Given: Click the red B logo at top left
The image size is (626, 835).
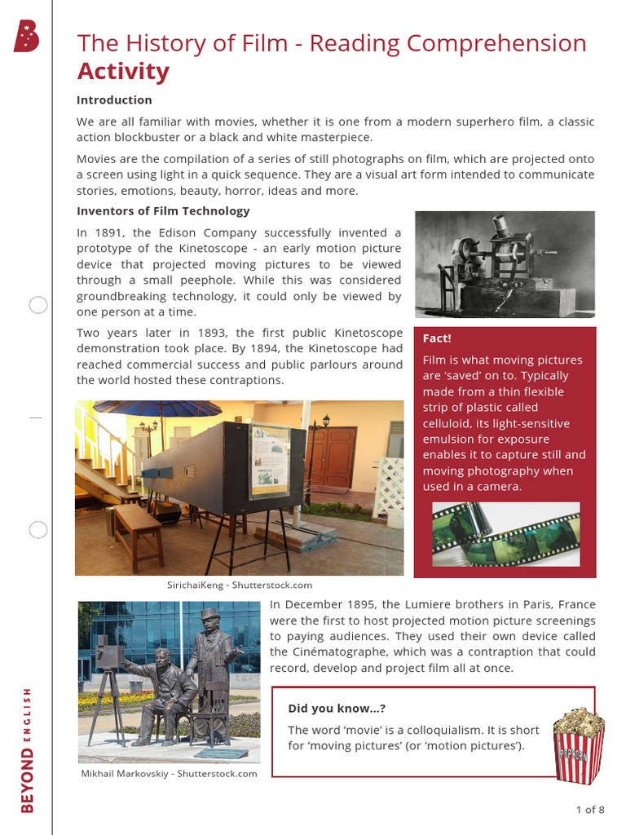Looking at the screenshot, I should [26, 37].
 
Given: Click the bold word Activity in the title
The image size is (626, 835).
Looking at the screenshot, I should [123, 72].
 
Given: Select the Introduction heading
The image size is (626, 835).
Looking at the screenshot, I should [114, 100].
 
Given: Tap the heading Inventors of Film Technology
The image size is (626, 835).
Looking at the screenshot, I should [163, 211].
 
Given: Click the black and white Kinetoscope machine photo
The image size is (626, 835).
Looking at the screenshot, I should [505, 264].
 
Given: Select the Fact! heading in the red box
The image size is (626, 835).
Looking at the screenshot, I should [437, 338].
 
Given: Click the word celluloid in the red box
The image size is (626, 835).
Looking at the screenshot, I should [450, 423].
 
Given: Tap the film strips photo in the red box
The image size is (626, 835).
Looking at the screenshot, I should [505, 534].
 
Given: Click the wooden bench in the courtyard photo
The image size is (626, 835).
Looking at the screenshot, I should [137, 530].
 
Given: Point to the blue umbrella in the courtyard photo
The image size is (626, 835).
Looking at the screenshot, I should [155, 408].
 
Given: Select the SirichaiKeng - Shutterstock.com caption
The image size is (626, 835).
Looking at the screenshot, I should [240, 585].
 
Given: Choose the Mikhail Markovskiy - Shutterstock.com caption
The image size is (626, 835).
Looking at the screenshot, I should [169, 774].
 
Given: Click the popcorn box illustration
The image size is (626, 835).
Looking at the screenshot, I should [579, 746].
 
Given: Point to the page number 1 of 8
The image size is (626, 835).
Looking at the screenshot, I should [589, 810].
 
